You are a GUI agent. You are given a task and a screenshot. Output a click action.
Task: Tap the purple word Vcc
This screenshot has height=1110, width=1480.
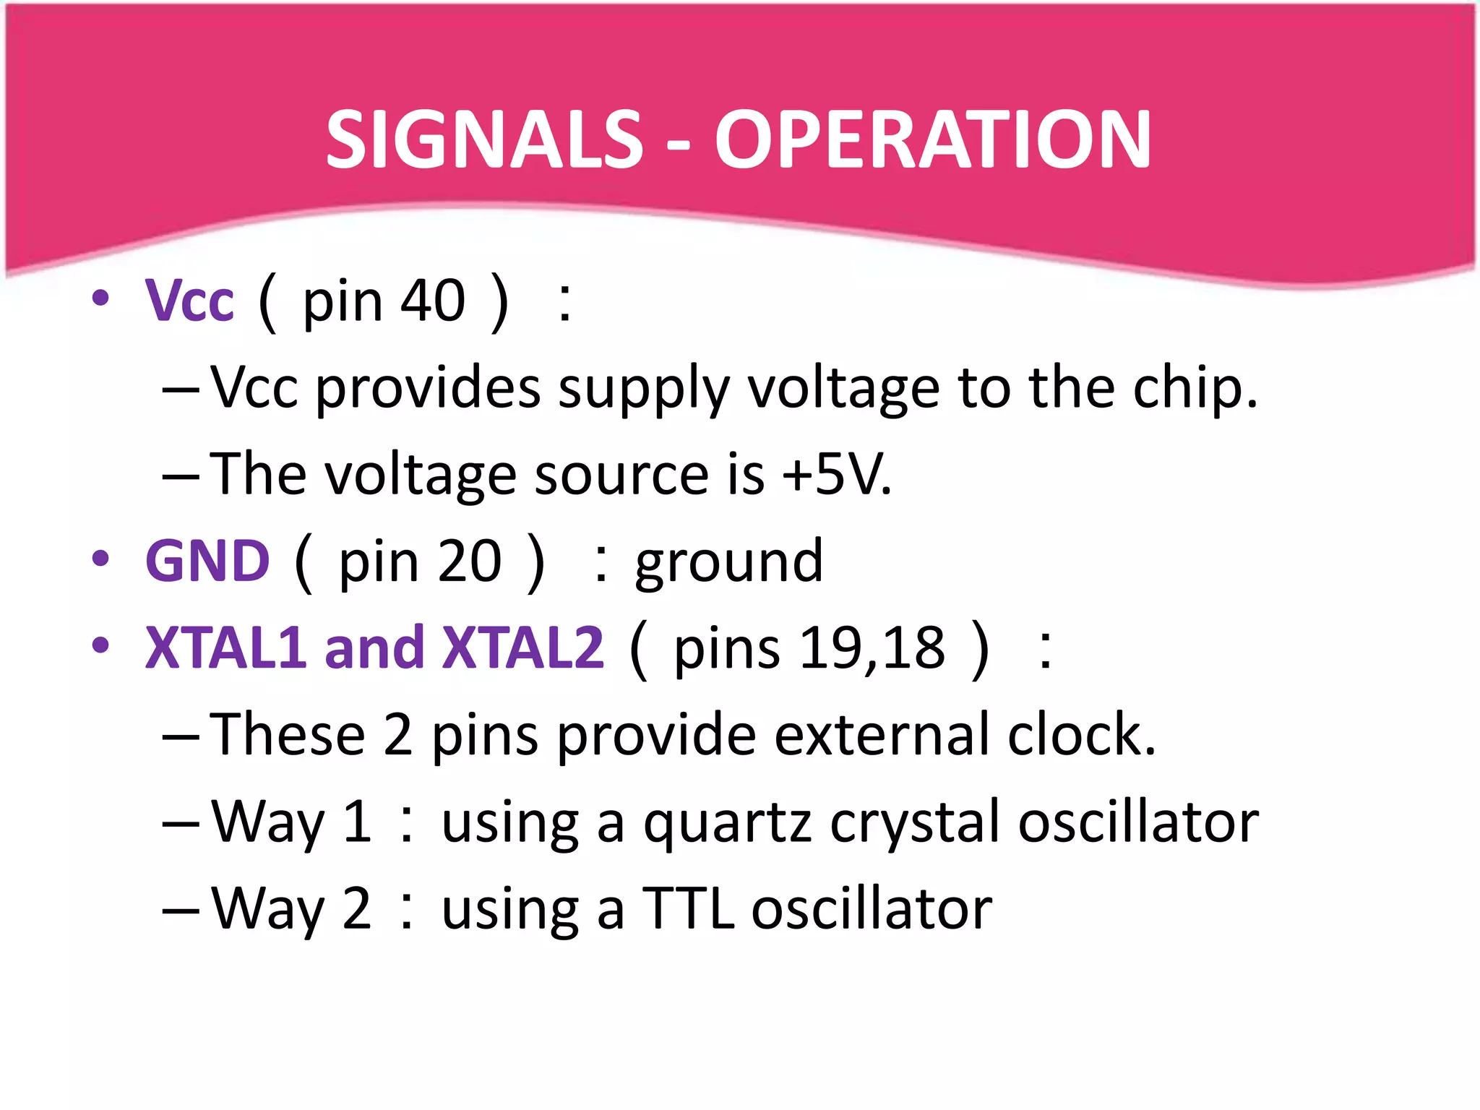point(189,301)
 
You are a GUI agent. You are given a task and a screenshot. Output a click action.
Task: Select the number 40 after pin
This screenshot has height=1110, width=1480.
point(433,301)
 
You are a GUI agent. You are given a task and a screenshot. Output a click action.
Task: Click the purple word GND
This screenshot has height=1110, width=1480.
point(207,562)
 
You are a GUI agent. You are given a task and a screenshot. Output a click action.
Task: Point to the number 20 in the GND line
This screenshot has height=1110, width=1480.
point(469,562)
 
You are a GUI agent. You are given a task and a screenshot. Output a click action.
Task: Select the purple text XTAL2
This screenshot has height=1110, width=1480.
point(522,647)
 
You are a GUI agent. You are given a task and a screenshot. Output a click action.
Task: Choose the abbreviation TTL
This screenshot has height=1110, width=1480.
point(688,908)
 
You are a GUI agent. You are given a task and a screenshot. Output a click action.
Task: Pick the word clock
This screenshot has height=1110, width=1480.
point(1080,735)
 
